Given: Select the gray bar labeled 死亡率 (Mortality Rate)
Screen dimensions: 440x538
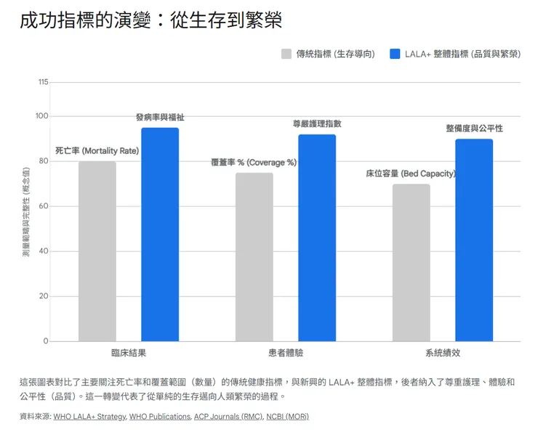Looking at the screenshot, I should (97, 251).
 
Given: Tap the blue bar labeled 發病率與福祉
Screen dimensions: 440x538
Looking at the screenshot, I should (160, 235).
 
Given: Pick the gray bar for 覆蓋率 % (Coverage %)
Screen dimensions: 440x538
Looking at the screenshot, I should (254, 257).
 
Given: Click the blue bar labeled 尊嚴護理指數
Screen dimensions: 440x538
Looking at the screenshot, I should (317, 238).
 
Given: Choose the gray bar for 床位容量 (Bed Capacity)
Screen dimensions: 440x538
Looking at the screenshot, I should (411, 263).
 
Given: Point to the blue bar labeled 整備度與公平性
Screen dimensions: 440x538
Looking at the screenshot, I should (474, 240).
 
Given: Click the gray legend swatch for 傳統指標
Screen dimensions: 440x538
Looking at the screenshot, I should (286, 54).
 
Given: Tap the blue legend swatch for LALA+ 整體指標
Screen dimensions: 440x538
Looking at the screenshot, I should (396, 54).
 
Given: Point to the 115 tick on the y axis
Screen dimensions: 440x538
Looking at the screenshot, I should (43, 82).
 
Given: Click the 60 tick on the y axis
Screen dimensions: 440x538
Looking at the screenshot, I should (44, 206).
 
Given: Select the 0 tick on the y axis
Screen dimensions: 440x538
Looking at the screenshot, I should (46, 341).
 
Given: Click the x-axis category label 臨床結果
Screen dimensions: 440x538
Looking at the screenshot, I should (129, 353).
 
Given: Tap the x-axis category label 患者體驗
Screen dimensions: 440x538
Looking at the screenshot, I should (286, 353).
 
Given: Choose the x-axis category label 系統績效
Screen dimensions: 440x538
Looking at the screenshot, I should (443, 353).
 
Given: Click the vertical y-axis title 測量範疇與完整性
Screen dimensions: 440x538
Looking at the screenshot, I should (26, 211).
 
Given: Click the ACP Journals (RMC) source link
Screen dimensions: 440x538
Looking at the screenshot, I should (228, 417).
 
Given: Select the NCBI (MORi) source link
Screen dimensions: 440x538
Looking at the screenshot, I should (287, 417).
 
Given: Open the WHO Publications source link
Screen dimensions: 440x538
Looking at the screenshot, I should (161, 417).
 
